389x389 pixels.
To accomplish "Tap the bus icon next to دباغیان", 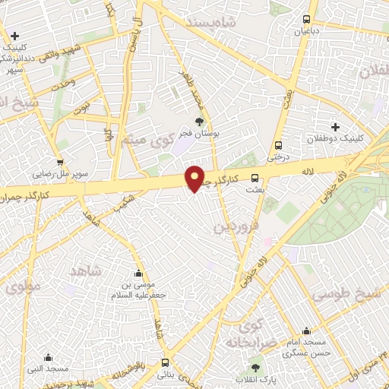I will pos(307,20).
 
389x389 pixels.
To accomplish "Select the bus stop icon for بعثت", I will pos(254,179).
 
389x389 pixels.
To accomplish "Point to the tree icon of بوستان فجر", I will pos(200,121).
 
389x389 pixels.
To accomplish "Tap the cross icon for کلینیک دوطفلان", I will pos(335,126).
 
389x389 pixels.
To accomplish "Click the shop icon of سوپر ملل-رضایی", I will pos(60,161).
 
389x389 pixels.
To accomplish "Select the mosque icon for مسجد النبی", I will pos(49,357).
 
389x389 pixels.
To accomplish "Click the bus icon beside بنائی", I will pos(166,362).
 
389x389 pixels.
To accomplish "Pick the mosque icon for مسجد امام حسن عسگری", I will pos(305,331).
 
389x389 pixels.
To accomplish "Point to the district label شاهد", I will pos(84,271).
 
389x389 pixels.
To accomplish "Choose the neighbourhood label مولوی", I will pos(23,288).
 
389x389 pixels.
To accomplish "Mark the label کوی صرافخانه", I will pos(243,335).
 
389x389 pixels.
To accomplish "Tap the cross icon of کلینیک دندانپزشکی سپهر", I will pos(15,35).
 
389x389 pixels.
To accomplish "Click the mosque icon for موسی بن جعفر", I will pos(138,274).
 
